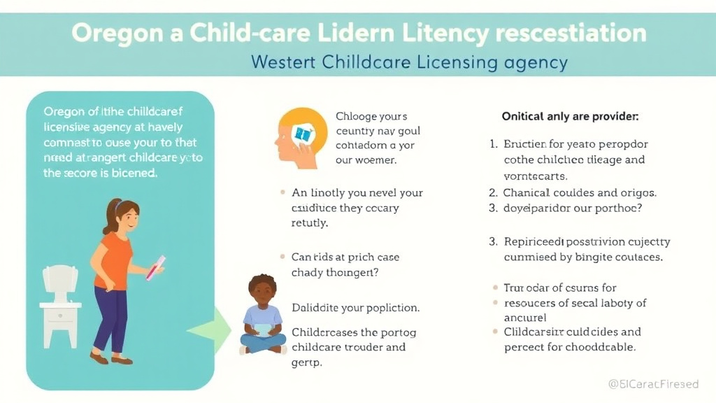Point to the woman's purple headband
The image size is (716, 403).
[x=117, y=204]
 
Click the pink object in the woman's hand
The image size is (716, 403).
[x=155, y=268]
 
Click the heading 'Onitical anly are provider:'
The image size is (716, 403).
[x=570, y=117]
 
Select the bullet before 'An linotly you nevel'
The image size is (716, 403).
[x=282, y=193]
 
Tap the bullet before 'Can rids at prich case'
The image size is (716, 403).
[x=282, y=257]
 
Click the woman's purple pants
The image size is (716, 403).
[x=110, y=316]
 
